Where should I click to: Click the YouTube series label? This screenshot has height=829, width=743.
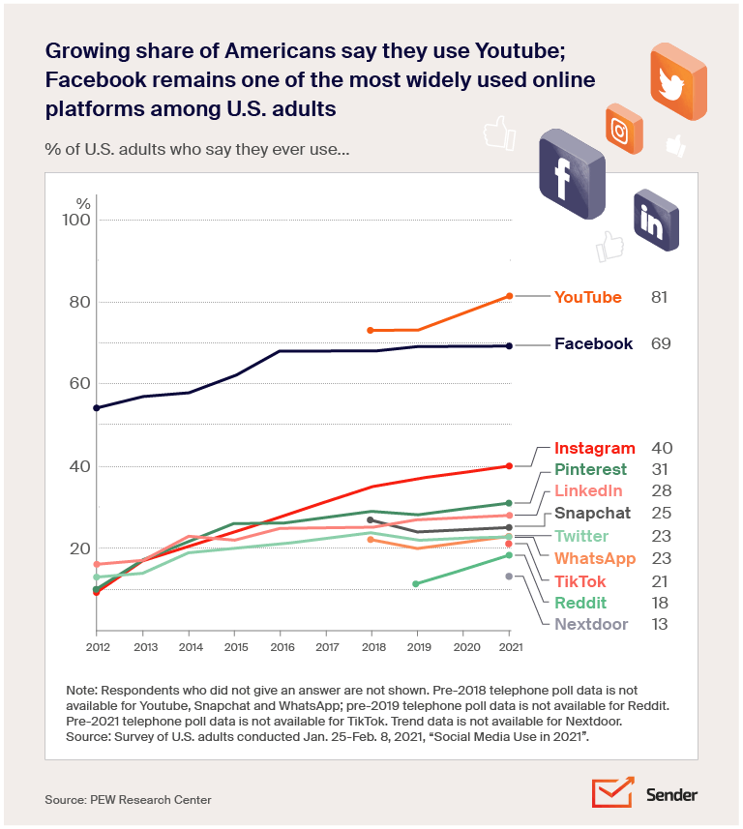tap(587, 297)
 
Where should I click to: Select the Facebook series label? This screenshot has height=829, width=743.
tap(593, 343)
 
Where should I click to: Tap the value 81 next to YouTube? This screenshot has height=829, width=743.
tap(660, 297)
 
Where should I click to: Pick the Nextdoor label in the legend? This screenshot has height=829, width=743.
tap(591, 624)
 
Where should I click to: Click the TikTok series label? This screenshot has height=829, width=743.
tap(580, 581)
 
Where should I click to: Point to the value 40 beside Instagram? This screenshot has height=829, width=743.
tap(662, 448)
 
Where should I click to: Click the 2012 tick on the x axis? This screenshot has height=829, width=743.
tap(96, 645)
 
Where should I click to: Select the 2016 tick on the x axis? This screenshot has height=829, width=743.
tap(280, 645)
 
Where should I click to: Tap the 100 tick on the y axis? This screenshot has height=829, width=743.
tap(77, 220)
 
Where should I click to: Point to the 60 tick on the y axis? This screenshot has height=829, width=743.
tap(77, 383)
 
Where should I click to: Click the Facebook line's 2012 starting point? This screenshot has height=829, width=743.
tap(96, 408)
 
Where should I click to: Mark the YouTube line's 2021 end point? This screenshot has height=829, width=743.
tap(509, 296)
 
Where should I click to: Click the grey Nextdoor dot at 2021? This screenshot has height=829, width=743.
tap(509, 577)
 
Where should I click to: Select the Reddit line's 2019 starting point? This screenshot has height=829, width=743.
tap(416, 583)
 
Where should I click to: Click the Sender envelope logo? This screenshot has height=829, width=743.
tap(611, 792)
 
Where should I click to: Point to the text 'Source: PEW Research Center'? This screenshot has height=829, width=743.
tap(128, 799)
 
